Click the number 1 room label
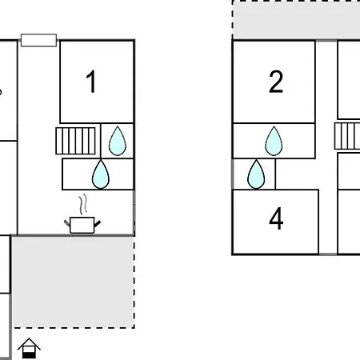click(91, 82)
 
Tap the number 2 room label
click(276, 82)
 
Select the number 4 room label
click(276, 218)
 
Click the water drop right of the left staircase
click(118, 141)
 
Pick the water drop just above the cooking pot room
click(101, 174)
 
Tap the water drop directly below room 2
click(274, 141)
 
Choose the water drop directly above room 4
click(256, 174)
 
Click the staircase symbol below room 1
click(75, 141)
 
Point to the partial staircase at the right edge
click(347, 136)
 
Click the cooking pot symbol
click(82, 225)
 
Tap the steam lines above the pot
click(83, 204)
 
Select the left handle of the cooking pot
click(67, 223)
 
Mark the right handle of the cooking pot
click(98, 224)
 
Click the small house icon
click(29, 348)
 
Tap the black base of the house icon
click(29, 355)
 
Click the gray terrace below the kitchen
click(73, 282)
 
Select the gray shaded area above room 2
click(297, 20)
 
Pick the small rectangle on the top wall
click(38, 40)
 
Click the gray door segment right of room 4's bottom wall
click(328, 254)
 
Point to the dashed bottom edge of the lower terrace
click(74, 328)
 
